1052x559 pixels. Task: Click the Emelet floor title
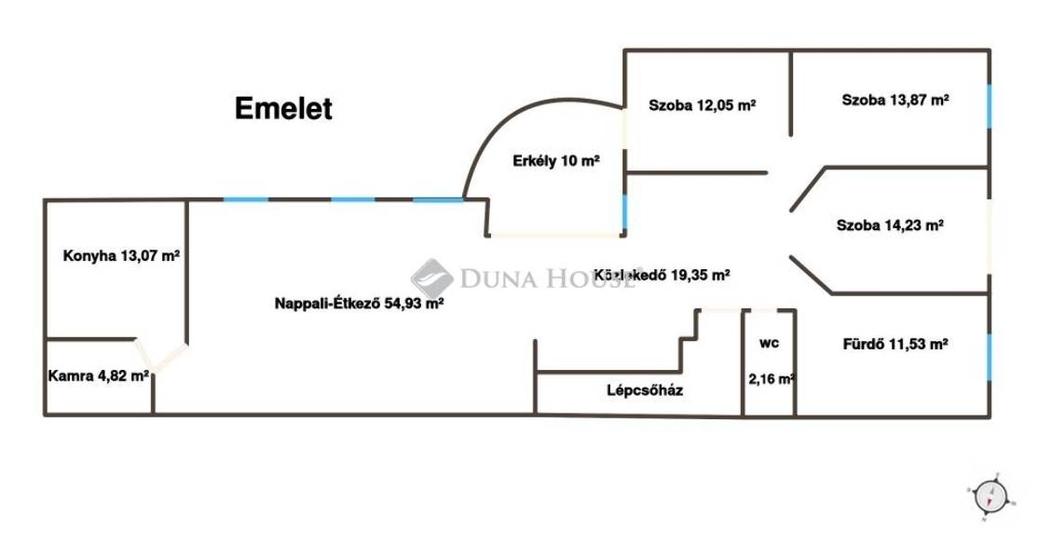(x=282, y=109)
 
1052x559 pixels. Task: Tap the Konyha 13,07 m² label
(x=121, y=255)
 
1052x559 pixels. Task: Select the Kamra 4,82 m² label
(x=99, y=376)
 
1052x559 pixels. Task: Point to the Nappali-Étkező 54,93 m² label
(x=359, y=303)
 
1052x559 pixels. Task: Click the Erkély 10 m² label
(x=556, y=161)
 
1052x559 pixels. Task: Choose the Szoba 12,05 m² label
(x=702, y=105)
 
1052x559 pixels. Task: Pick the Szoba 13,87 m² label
(x=895, y=99)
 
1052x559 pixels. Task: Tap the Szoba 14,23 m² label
(x=890, y=225)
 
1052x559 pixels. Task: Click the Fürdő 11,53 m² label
(x=893, y=343)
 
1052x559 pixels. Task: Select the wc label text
(x=769, y=343)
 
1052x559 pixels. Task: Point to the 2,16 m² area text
(x=772, y=379)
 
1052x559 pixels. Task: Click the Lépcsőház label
(x=645, y=390)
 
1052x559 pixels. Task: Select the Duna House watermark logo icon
(x=431, y=278)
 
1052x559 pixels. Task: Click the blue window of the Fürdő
(x=989, y=357)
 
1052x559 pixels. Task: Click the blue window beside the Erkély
(x=625, y=211)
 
